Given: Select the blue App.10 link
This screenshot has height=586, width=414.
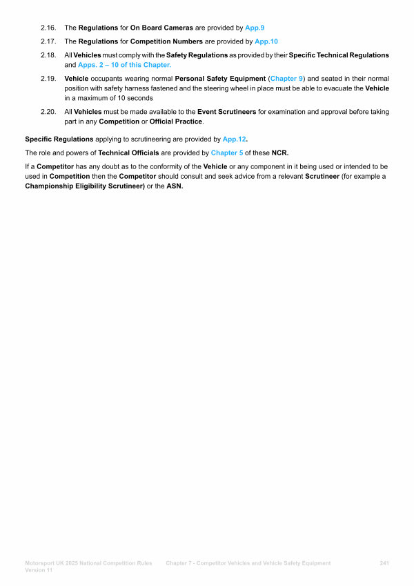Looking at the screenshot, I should tap(266, 41).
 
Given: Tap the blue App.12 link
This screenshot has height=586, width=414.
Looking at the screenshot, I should tap(235, 139).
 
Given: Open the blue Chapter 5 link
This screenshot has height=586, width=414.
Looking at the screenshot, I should tap(227, 153).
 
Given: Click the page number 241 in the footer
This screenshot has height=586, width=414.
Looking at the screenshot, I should tap(385, 563).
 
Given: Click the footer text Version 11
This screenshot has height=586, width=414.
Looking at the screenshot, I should tap(39, 571).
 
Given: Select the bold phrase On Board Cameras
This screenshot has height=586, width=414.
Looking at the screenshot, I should tap(163, 28).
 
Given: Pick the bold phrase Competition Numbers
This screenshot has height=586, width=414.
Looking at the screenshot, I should tap(168, 41).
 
